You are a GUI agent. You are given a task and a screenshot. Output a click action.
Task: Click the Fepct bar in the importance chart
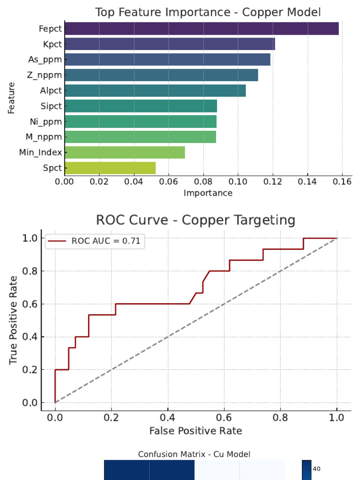coord(202,29)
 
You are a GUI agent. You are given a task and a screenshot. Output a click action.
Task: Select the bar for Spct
coord(110,168)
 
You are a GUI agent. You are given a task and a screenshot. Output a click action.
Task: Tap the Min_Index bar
coord(125,152)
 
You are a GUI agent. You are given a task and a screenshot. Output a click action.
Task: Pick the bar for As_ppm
coord(167,60)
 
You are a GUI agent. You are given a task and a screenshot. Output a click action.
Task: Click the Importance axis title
coord(208,193)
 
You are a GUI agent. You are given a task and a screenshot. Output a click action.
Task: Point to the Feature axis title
coord(11,98)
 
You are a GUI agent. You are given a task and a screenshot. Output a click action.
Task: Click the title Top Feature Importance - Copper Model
coord(208,12)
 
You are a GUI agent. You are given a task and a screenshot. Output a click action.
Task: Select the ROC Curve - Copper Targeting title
coord(195,220)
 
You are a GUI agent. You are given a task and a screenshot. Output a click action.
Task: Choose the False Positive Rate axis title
coord(195,430)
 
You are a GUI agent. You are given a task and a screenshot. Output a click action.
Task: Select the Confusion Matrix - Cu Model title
coord(194,454)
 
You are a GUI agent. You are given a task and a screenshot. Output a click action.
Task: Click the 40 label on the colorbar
coord(316,469)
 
